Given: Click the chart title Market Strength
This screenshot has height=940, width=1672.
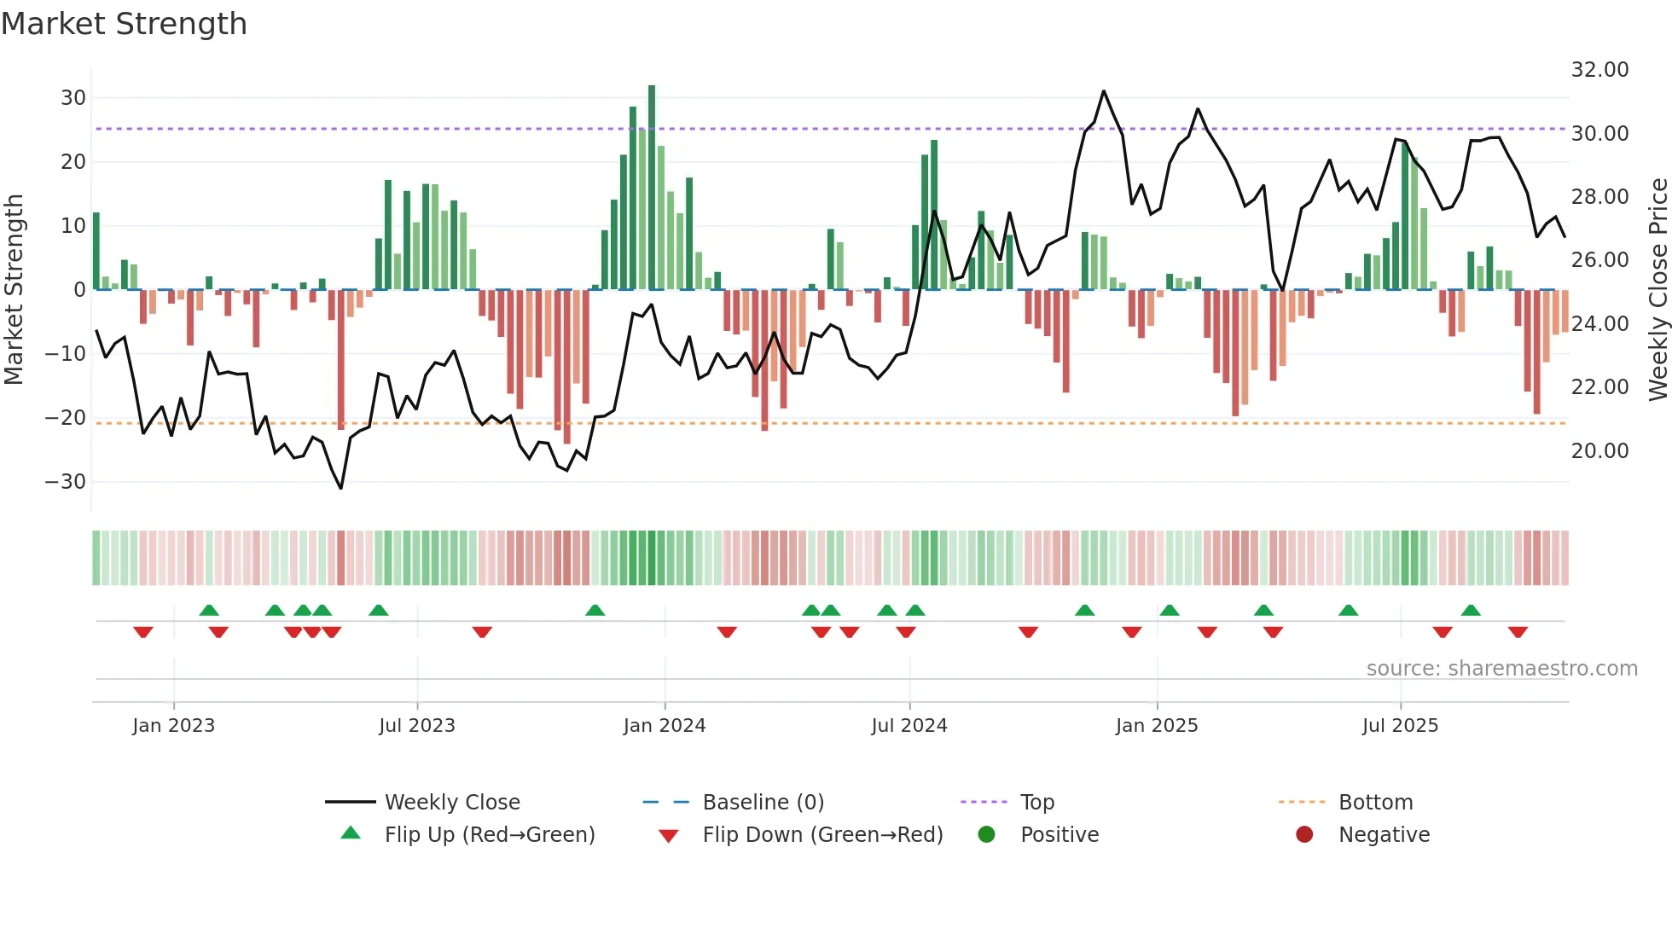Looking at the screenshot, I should [124, 24].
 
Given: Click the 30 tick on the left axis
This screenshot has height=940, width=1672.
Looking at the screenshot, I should [73, 98].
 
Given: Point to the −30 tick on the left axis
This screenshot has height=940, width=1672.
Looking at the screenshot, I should [66, 482].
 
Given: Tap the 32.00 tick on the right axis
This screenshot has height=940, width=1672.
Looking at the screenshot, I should [1599, 70].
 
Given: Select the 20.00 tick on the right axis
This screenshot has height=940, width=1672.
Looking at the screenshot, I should [1599, 451].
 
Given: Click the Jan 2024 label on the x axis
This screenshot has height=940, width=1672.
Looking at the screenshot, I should [665, 726].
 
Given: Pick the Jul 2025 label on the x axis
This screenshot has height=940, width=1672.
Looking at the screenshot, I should [1400, 726].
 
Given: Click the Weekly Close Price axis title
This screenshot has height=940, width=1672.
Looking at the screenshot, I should [1657, 290].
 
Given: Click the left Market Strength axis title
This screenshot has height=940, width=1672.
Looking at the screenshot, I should [14, 290].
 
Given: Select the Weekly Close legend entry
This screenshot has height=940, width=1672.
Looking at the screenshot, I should [452, 803].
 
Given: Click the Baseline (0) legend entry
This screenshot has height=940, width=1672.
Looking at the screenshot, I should [763, 803].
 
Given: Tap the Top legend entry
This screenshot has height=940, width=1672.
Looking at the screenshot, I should [1037, 803].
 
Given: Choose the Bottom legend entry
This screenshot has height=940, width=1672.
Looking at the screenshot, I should [1375, 803].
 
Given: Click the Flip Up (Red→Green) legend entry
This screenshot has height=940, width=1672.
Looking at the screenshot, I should [490, 835].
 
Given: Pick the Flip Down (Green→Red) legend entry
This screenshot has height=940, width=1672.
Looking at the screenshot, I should [822, 835].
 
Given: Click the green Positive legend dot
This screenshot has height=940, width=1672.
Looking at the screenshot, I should [987, 835].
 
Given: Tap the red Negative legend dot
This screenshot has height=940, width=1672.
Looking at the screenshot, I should [1304, 835].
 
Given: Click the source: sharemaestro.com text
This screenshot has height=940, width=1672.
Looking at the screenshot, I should [1501, 669].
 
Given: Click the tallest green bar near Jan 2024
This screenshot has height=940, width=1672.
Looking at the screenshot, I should [652, 188].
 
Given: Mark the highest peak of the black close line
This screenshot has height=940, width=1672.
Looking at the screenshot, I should [1104, 91].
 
